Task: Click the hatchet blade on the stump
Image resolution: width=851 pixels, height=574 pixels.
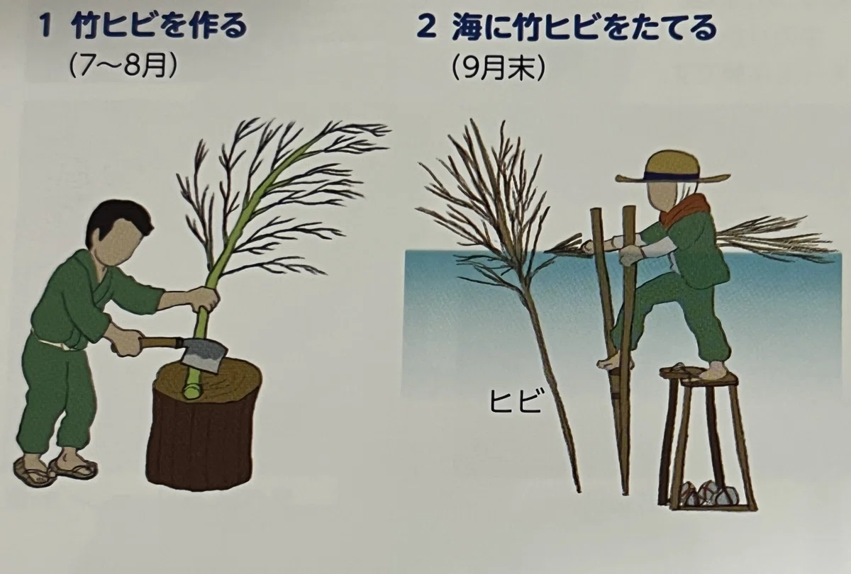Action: click(x=204, y=353)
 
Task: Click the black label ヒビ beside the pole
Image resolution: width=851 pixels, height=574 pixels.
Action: click(x=515, y=400)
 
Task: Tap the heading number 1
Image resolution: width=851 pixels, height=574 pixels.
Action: click(x=46, y=27)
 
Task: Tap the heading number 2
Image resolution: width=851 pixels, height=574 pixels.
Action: click(x=427, y=28)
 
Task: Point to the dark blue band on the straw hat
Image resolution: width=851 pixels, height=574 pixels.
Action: click(x=672, y=176)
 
